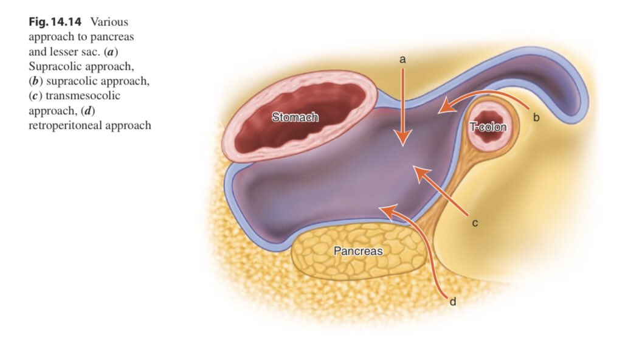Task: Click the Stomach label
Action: pyautogui.click(x=295, y=117)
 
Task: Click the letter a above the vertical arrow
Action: pyautogui.click(x=402, y=60)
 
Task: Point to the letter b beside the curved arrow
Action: pyautogui.click(x=536, y=117)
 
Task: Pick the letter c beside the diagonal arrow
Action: pyautogui.click(x=475, y=223)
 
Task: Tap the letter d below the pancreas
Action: pyautogui.click(x=452, y=301)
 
